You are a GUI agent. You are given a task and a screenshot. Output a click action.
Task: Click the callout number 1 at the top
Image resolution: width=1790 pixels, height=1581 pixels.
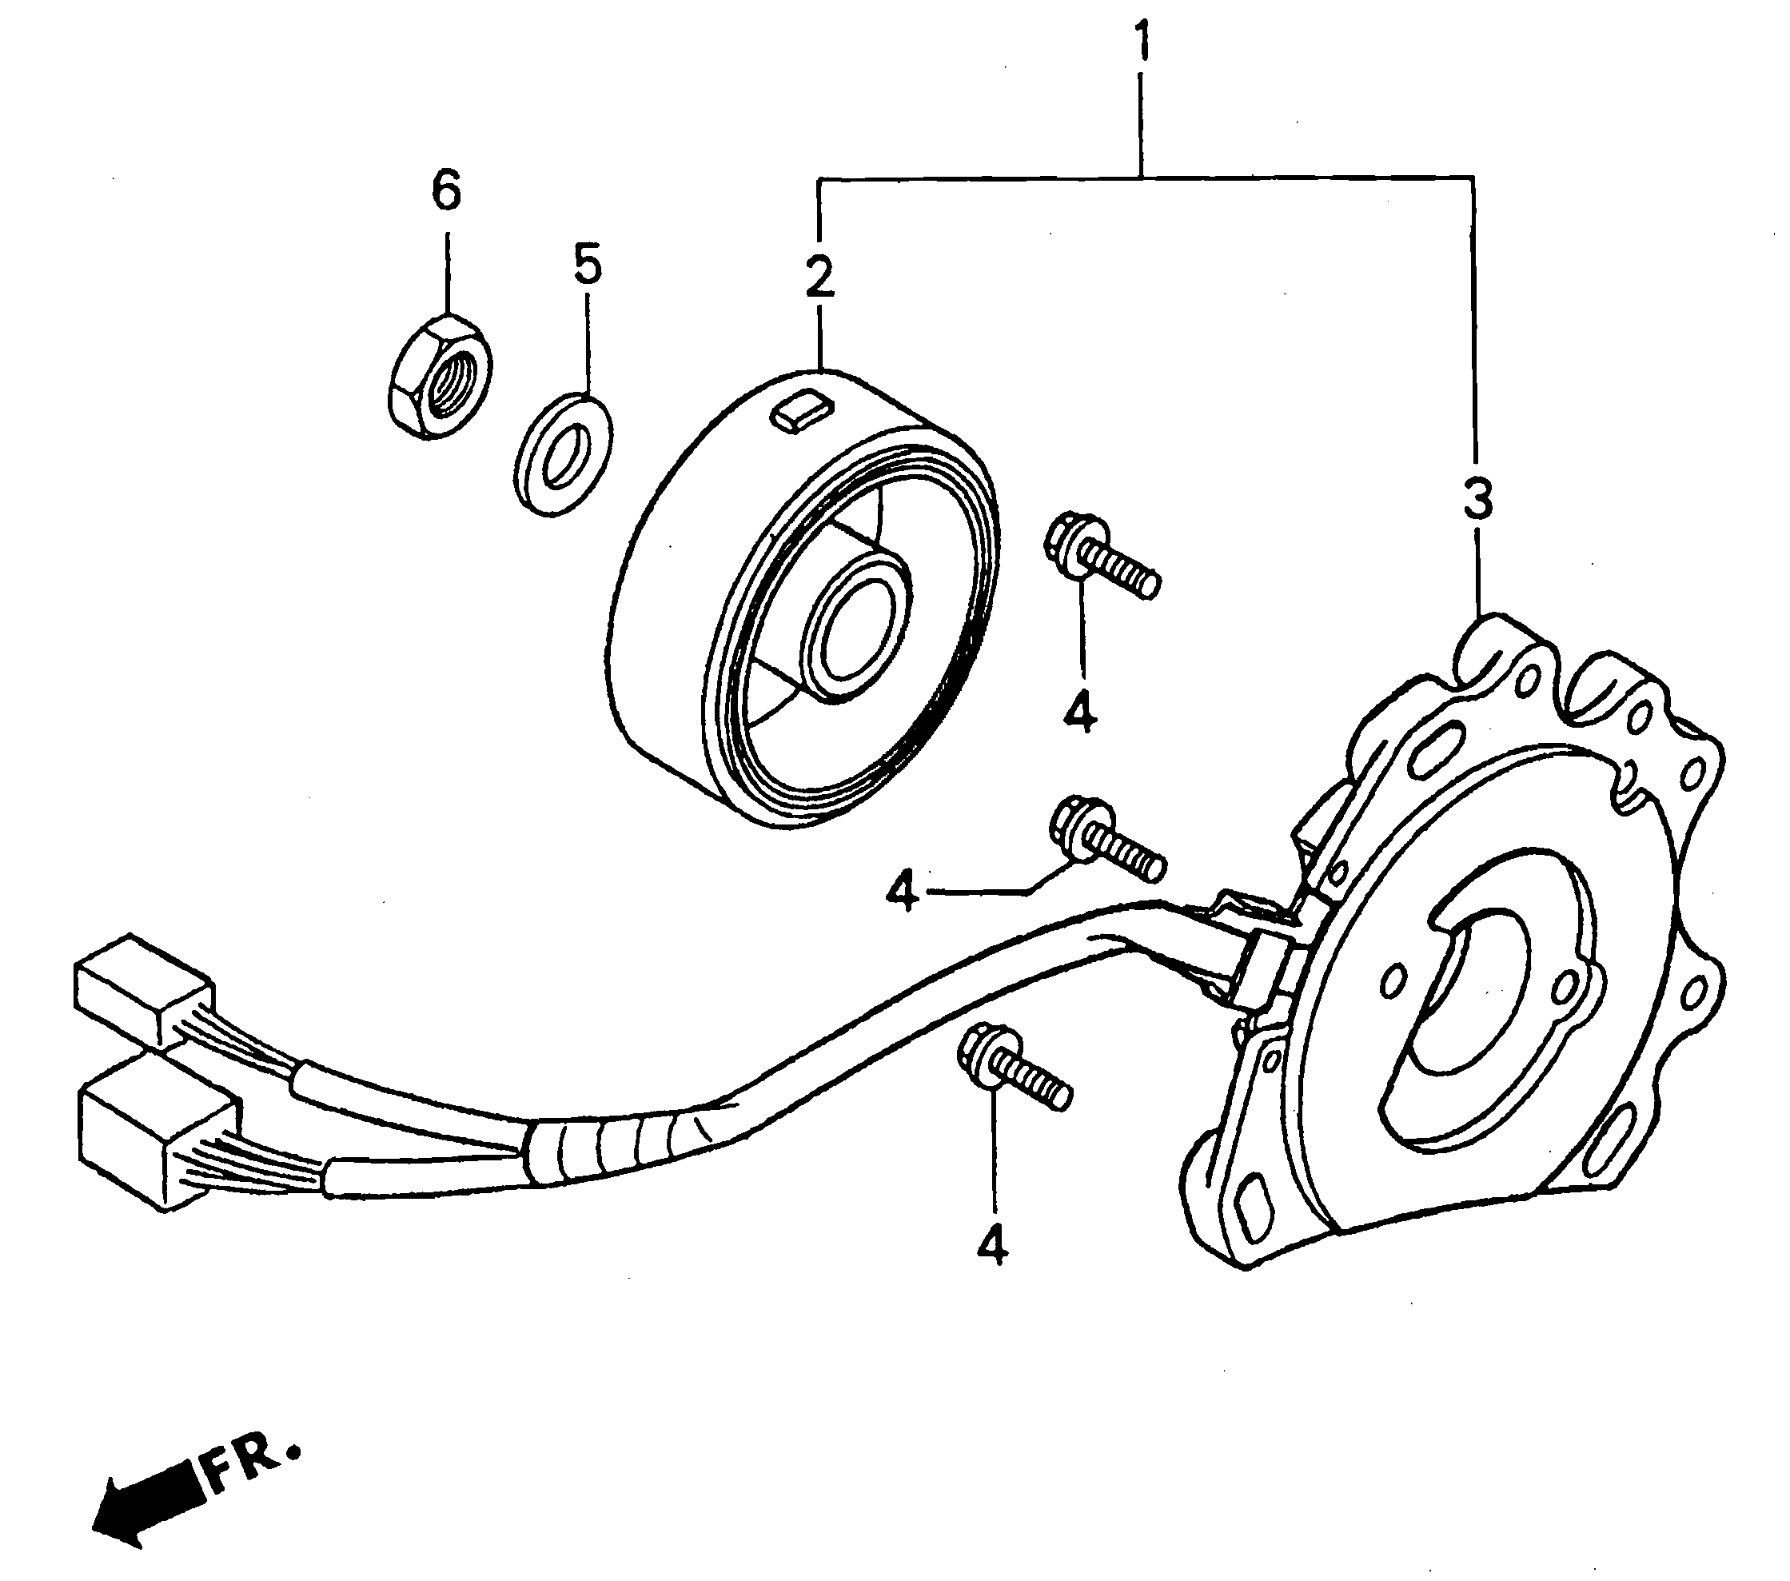1141,44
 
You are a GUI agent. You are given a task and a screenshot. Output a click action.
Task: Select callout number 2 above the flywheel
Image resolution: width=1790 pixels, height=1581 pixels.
819,277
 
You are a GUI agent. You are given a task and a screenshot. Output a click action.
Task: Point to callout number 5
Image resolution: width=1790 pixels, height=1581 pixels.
588,265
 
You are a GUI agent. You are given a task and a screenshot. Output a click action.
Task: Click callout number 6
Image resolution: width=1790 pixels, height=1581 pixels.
447,191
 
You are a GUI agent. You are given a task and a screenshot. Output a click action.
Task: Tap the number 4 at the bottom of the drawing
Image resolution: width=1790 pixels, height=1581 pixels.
991,1244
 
